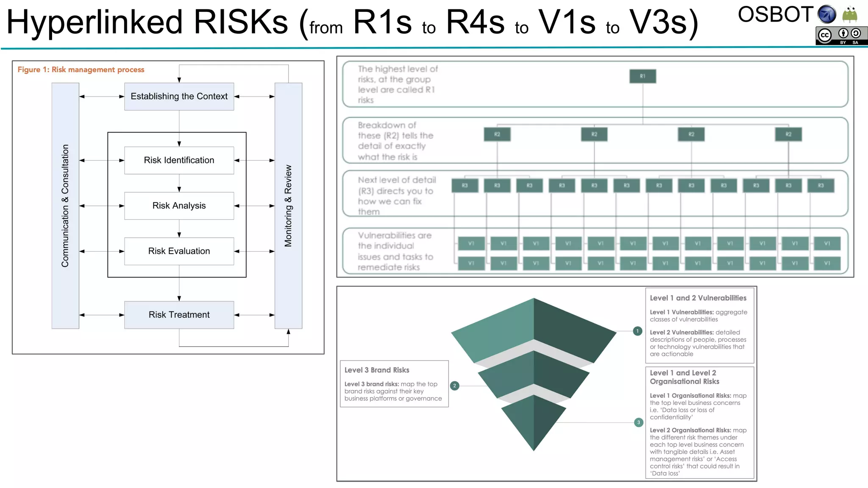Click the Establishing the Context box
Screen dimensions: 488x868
pyautogui.click(x=179, y=97)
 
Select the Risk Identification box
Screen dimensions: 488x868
pyautogui.click(x=179, y=160)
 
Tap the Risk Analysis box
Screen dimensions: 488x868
pyautogui.click(x=179, y=206)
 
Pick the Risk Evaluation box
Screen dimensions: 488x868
pyautogui.click(x=179, y=251)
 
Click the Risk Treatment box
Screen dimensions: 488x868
pyautogui.click(x=179, y=315)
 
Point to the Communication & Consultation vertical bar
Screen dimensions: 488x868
pyautogui.click(x=65, y=206)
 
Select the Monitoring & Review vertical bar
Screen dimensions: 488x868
pyautogui.click(x=288, y=206)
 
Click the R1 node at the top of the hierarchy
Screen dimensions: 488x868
pyautogui.click(x=643, y=76)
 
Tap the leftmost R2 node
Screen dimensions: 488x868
pyautogui.click(x=497, y=134)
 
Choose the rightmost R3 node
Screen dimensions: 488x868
pyautogui.click(x=821, y=186)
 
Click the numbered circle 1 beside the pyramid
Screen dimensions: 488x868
pyautogui.click(x=637, y=331)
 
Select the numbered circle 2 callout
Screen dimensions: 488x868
pyautogui.click(x=454, y=385)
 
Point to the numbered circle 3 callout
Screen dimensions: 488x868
pyautogui.click(x=639, y=422)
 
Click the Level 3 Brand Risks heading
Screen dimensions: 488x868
pyautogui.click(x=377, y=370)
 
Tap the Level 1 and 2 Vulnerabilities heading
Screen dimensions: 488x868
pyautogui.click(x=698, y=298)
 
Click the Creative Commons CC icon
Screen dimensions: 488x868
pyautogui.click(x=825, y=36)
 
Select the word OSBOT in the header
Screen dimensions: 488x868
pyautogui.click(x=775, y=15)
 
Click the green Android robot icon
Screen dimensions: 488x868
pyautogui.click(x=849, y=14)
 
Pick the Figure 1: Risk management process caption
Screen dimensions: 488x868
pyautogui.click(x=81, y=69)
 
